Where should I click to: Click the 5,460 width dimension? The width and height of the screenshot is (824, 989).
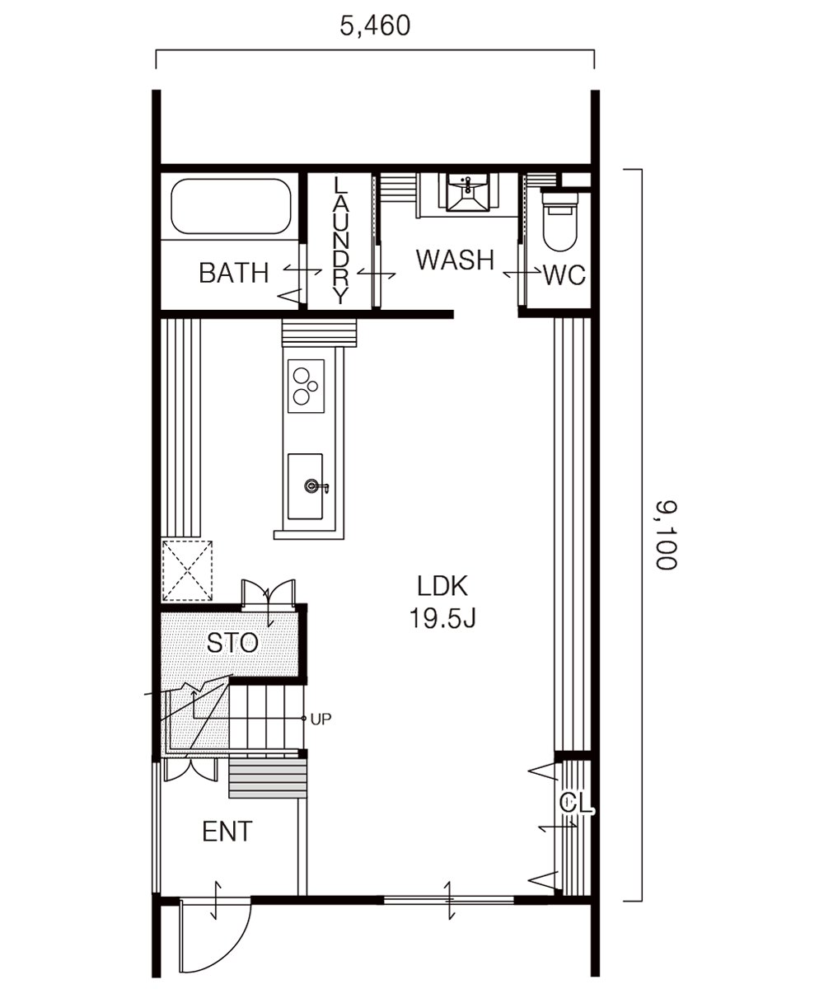pos(375,26)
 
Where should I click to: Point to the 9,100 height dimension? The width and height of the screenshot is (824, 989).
pos(664,534)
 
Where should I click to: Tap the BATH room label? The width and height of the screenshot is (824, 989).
pos(234,273)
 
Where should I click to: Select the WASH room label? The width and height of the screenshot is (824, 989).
pos(455,260)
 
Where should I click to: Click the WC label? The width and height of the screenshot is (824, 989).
pos(564,275)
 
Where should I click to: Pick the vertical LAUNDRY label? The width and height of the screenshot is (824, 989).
pos(340,239)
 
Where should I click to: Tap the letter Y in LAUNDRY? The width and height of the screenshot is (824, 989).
pos(340,296)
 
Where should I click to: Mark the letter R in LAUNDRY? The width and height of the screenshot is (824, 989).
pos(340,277)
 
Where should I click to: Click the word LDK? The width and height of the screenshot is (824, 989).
pos(442,587)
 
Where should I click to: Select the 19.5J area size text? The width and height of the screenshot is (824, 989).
pos(442,618)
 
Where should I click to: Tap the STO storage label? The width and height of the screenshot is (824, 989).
pos(232,644)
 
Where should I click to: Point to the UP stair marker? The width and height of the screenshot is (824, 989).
pos(321,719)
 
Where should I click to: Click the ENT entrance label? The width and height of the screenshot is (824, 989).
pos(227,832)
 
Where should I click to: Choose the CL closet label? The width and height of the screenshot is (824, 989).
pos(575,803)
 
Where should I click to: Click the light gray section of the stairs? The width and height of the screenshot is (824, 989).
pos(268,778)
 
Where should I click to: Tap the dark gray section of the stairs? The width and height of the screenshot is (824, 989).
pos(358,778)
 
